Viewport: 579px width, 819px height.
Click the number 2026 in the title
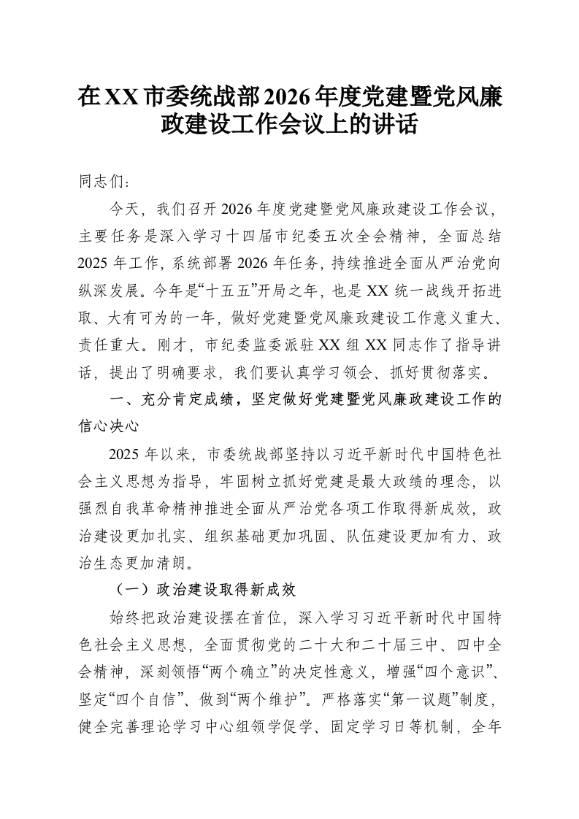click(x=290, y=96)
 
